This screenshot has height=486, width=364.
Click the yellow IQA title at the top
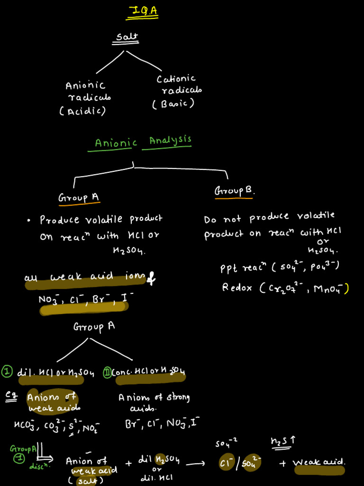pos(142,11)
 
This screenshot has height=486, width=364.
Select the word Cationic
pos(176,78)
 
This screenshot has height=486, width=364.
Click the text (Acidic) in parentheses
pos(82,111)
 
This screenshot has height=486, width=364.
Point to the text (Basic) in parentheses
pos(173,103)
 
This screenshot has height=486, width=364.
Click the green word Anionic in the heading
pos(116,143)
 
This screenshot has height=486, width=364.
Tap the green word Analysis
pos(170,140)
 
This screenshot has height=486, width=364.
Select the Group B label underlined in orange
pos(234,191)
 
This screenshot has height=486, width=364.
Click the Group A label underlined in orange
pos(79,197)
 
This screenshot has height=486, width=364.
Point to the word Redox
pos(237,288)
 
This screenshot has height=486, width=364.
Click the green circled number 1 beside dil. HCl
pos(7,372)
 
